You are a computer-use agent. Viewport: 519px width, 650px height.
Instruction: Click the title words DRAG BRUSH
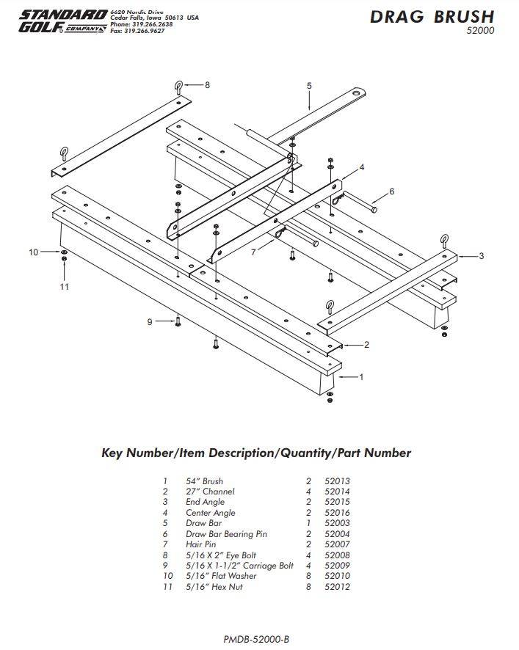click(432, 17)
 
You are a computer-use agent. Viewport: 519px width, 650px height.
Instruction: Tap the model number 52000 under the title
click(481, 32)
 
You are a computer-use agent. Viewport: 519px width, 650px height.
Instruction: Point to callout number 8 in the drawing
click(207, 85)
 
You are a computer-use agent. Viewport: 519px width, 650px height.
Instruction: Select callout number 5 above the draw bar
click(309, 86)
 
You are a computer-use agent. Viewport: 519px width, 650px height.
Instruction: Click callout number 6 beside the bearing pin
click(391, 191)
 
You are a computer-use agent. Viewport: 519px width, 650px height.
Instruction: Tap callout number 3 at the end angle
click(481, 256)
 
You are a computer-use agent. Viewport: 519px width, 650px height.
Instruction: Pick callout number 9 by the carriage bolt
click(150, 321)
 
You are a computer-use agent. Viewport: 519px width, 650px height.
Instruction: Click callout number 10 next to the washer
click(33, 252)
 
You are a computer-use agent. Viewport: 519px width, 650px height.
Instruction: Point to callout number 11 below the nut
click(64, 286)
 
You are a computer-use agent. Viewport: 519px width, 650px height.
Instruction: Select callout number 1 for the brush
click(360, 377)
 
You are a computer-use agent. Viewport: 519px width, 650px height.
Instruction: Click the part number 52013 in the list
click(337, 481)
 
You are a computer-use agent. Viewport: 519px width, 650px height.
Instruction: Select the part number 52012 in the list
click(337, 587)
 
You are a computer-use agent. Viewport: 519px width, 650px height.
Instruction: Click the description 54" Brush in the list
click(204, 481)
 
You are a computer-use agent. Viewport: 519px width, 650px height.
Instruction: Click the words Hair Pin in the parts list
click(200, 544)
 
